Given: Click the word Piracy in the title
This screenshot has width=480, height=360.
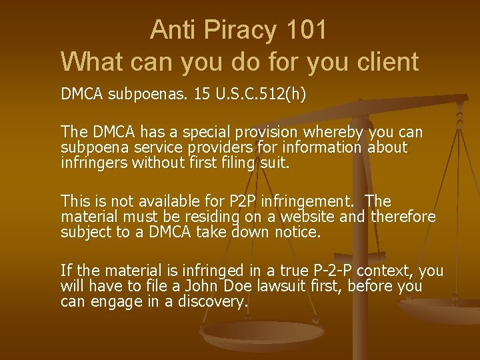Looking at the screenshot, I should pos(233,31).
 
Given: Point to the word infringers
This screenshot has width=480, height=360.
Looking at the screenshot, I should pos(91,162).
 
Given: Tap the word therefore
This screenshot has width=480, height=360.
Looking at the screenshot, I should pos(403,217).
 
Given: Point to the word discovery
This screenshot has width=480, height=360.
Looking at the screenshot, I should pos(213,302).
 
